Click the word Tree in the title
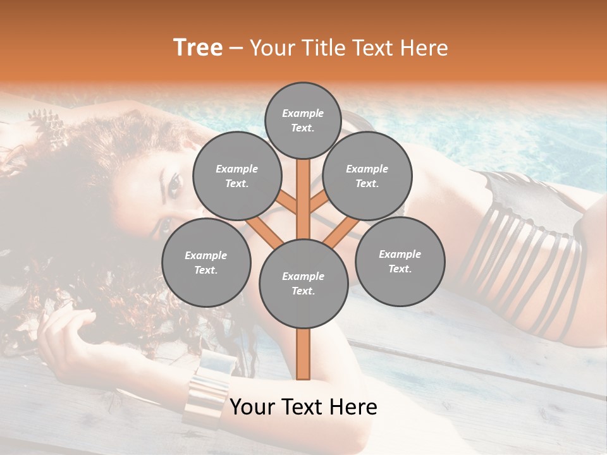click(x=198, y=47)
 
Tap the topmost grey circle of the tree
click(x=303, y=120)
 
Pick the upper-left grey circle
click(x=236, y=176)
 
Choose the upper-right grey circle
click(x=367, y=176)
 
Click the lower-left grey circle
click(x=206, y=262)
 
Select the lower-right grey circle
click(x=400, y=261)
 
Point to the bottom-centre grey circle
click(x=303, y=284)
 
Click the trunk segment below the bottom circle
click(x=303, y=354)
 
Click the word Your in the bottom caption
click(x=252, y=408)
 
